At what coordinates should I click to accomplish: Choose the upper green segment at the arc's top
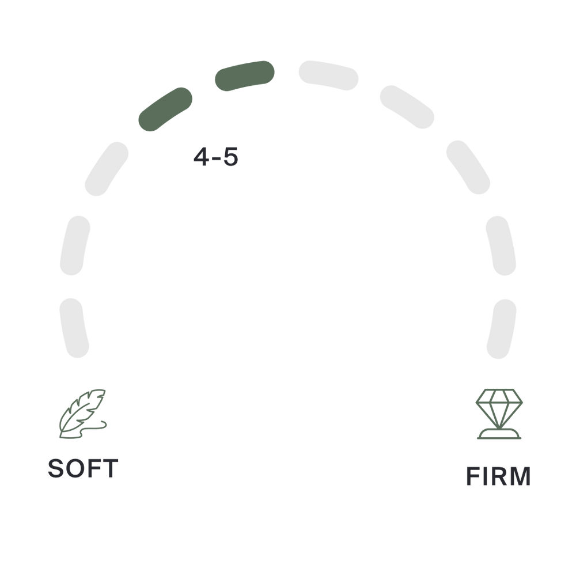(x=244, y=75)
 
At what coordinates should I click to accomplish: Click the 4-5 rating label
(x=215, y=157)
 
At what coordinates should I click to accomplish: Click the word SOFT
(x=82, y=469)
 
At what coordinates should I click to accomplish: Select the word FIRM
(x=498, y=477)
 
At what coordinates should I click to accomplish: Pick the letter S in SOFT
(x=56, y=469)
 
